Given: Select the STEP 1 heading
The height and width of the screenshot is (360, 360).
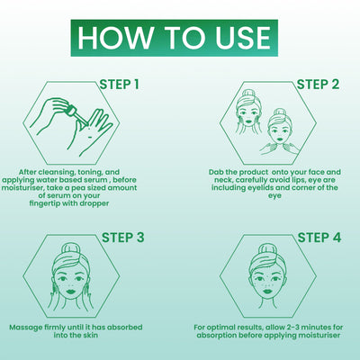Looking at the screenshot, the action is click(120, 85).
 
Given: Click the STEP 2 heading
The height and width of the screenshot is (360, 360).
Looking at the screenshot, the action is click(318, 85).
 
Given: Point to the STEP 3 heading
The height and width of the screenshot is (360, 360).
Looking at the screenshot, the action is click(123, 238).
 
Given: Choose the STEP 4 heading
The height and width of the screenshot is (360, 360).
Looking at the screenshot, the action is click(319, 238).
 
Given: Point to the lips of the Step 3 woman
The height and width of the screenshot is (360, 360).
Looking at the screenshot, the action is click(70, 291).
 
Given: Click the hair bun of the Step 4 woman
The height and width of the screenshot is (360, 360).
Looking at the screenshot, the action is click(267, 248).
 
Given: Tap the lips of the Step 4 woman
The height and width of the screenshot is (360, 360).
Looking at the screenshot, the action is click(266, 291).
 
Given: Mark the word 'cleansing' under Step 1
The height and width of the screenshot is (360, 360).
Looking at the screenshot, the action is click(56, 173).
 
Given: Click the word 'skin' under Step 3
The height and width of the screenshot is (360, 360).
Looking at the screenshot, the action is click(90, 335).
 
